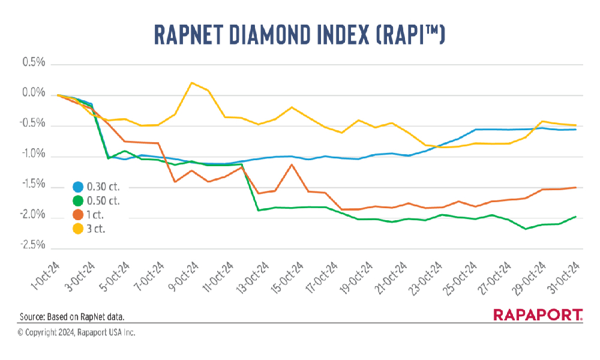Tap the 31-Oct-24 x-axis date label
click(x=567, y=276)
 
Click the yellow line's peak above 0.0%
click(x=191, y=83)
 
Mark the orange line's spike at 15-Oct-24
click(x=291, y=164)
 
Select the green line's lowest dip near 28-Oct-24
click(x=526, y=229)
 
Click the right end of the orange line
click(x=576, y=187)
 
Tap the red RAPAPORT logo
click(x=537, y=315)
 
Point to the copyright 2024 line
click(x=76, y=332)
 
